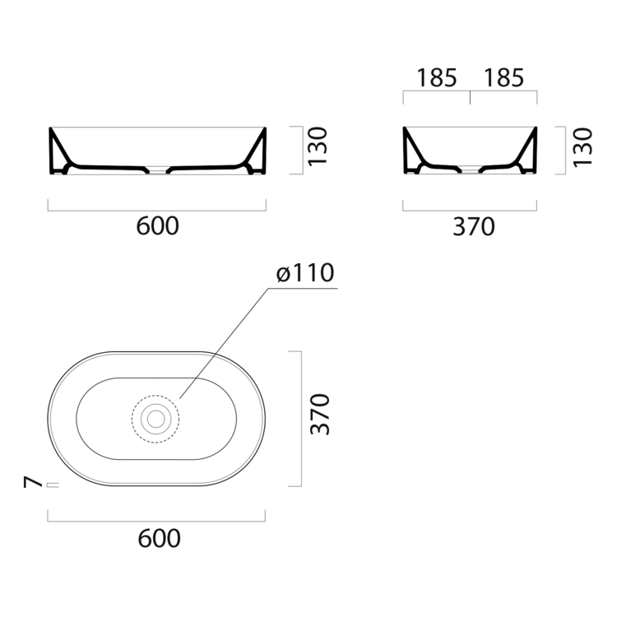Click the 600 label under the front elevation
click(157, 226)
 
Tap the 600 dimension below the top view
click(159, 538)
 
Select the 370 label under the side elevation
click(474, 227)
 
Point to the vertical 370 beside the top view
click(319, 414)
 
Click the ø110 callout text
click(305, 272)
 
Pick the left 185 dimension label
click(437, 78)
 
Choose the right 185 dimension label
click(504, 78)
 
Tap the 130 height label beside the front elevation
click(318, 146)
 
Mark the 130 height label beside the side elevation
click(582, 147)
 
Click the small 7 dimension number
click(33, 481)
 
